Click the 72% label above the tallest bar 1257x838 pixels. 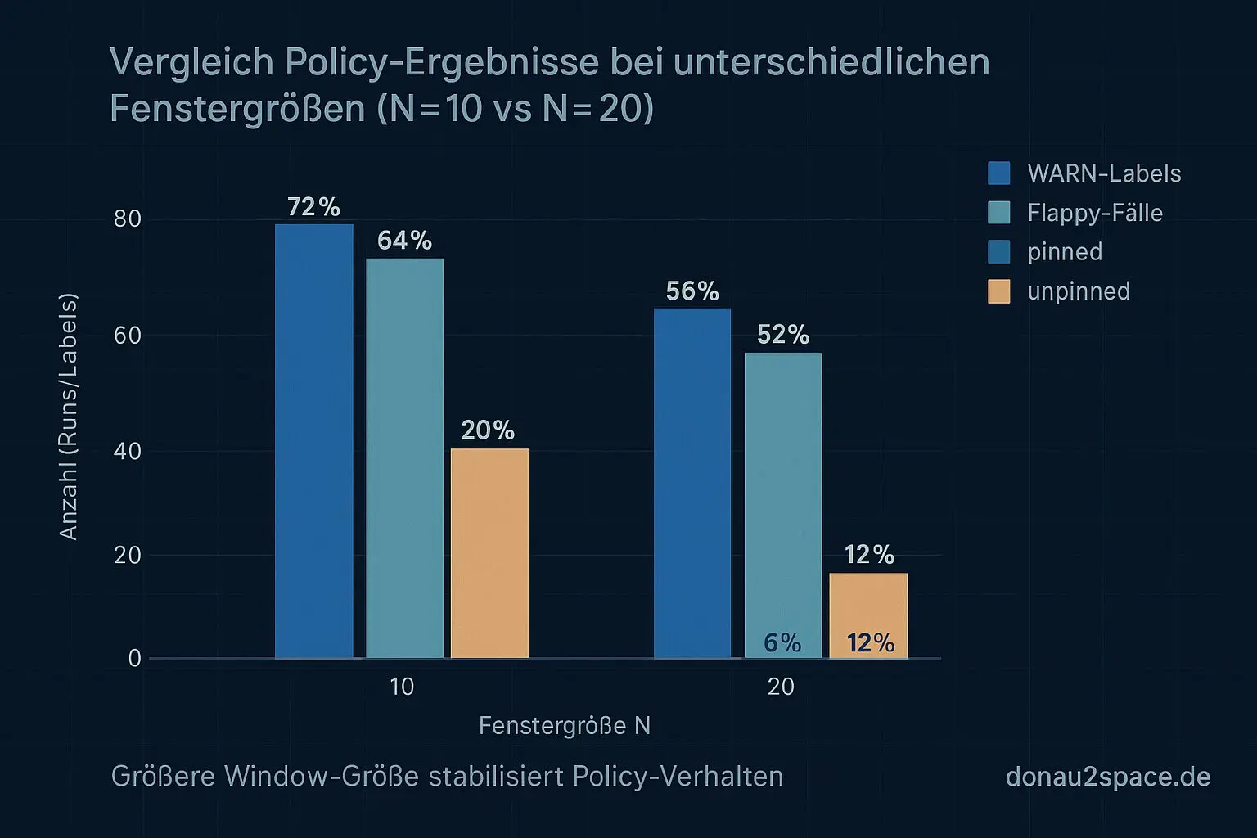(x=313, y=207)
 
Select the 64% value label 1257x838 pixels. (x=404, y=241)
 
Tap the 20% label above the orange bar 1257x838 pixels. (x=488, y=430)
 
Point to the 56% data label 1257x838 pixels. (x=692, y=291)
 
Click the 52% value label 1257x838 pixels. (x=783, y=335)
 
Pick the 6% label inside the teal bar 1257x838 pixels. (x=782, y=643)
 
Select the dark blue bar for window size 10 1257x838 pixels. (x=314, y=442)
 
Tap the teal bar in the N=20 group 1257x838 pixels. (x=783, y=491)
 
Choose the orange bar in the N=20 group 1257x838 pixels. (x=868, y=606)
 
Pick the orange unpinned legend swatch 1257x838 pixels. (x=999, y=291)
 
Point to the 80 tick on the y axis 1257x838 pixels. (x=128, y=219)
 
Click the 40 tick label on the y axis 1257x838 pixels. (x=128, y=451)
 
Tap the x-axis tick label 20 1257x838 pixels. (x=781, y=687)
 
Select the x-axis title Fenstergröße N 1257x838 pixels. (x=564, y=726)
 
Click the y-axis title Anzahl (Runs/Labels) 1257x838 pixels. (x=69, y=417)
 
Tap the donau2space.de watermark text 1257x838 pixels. (x=1107, y=777)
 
